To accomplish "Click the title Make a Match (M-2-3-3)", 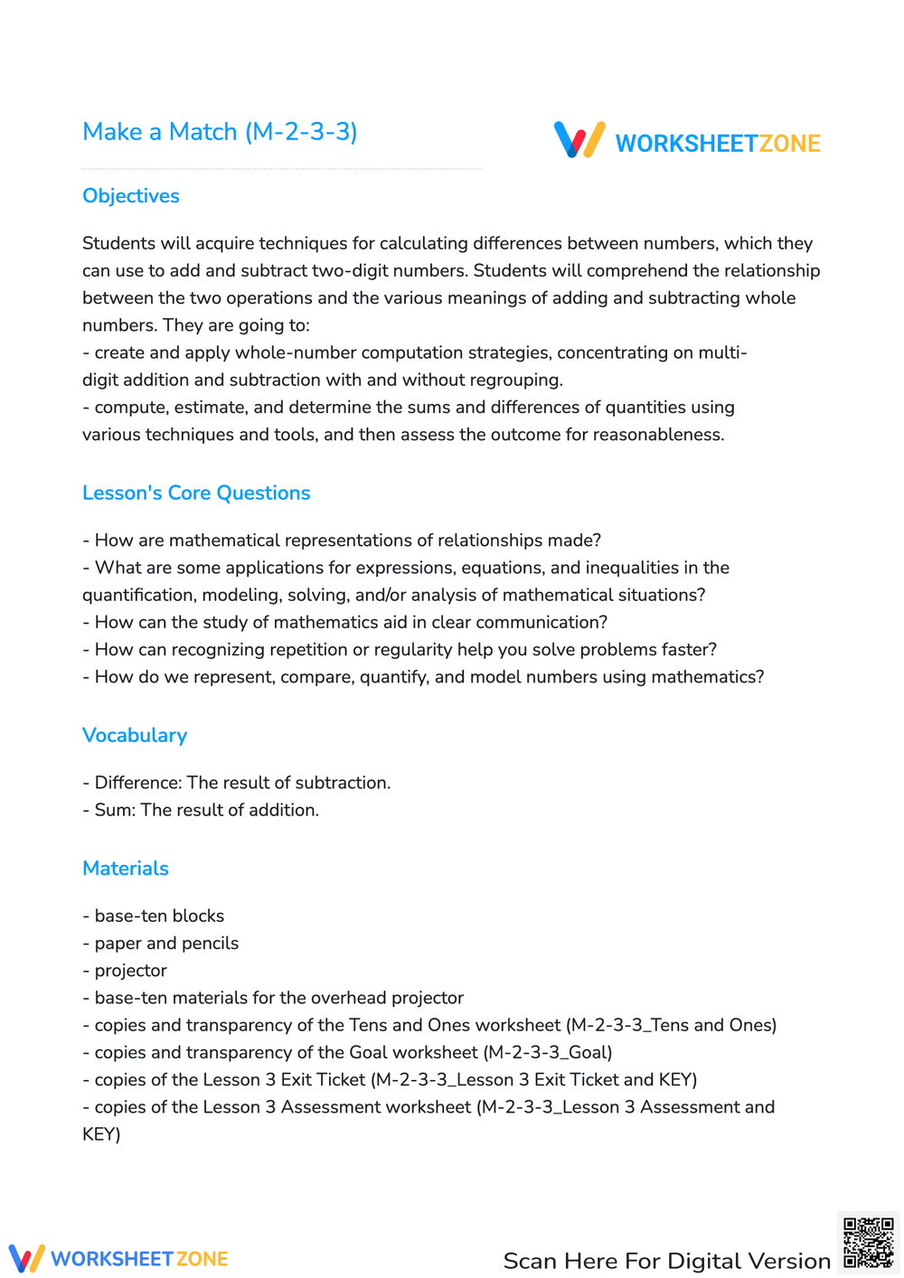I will tap(220, 132).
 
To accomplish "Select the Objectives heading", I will tap(131, 196).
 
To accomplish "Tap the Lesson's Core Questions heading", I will tap(196, 493).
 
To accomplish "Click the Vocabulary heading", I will tap(135, 736).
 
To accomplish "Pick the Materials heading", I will tap(126, 869).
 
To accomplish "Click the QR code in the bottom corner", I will tap(868, 1243).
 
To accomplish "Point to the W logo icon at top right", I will tap(579, 140).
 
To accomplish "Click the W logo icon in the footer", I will tap(26, 1258).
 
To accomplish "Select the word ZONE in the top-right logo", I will tap(789, 144).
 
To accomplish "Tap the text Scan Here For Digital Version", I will tap(666, 1261).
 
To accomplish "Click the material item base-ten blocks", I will tap(159, 916).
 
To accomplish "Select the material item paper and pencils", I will tap(166, 943).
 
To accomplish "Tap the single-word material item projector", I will tap(130, 971).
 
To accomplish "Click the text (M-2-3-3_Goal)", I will tap(548, 1052).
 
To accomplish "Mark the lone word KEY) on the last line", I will tap(101, 1134).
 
